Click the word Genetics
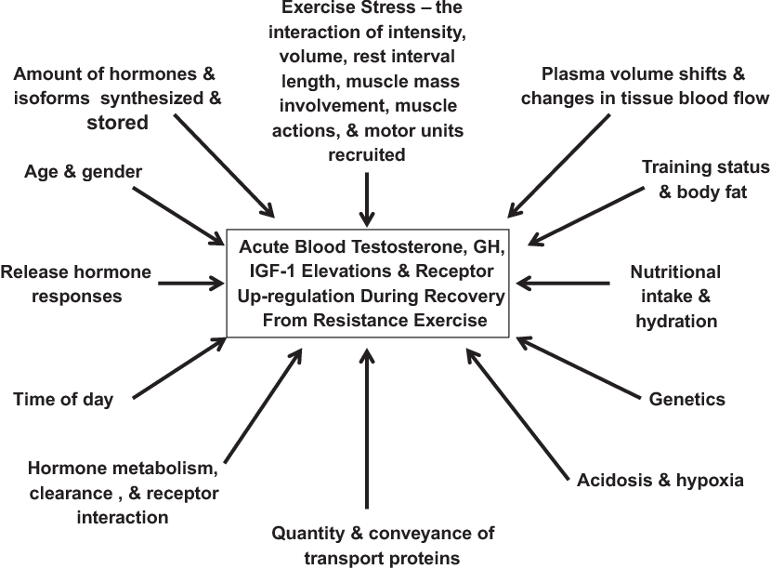(x=686, y=399)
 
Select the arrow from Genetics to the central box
(x=579, y=367)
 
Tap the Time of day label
(x=63, y=399)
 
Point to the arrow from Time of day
(x=179, y=367)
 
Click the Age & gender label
(x=83, y=172)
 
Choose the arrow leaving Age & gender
(x=178, y=216)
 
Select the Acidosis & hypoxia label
(x=660, y=480)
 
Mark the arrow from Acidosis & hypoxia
(x=517, y=414)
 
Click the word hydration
(x=676, y=321)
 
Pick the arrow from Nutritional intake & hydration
(x=563, y=284)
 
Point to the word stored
(x=118, y=123)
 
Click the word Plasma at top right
(x=570, y=73)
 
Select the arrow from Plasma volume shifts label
(x=558, y=165)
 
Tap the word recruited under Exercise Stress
(x=367, y=154)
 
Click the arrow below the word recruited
(x=367, y=199)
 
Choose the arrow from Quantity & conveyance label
(x=367, y=429)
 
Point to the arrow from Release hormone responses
(x=190, y=284)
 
